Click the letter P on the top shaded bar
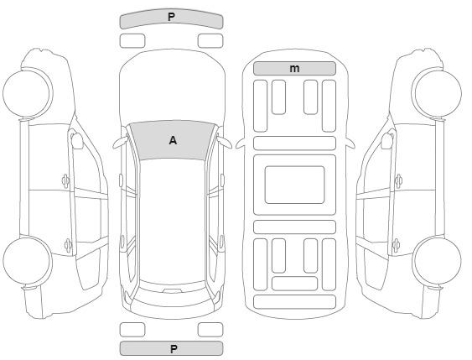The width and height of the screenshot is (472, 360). pos(171,17)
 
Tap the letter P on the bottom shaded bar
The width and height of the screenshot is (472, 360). pos(174,349)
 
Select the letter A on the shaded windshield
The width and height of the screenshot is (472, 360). pos(173,140)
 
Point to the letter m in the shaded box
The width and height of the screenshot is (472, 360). pos(294,69)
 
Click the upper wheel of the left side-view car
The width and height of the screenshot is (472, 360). pos(28,92)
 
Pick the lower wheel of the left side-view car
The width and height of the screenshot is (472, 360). pos(28,260)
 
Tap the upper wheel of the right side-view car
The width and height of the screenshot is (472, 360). pos(437,92)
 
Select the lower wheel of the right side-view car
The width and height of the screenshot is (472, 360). pos(437,260)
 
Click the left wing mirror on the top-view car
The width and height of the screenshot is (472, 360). pos(121,142)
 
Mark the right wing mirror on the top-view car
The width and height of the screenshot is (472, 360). pos(224,142)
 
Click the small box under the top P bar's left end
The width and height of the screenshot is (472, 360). pos(132,41)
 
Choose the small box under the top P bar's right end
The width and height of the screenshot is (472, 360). pos(210,41)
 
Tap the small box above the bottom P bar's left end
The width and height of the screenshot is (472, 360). pos(132,330)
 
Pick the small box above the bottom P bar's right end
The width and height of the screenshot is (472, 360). pos(210,330)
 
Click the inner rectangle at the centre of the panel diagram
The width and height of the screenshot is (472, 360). pos(295,185)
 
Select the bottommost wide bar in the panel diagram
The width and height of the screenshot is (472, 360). pos(295,302)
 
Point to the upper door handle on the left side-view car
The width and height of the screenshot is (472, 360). pos(65,180)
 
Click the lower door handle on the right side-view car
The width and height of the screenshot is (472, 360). pos(397,246)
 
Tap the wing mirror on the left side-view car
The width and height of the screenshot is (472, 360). pos(77,140)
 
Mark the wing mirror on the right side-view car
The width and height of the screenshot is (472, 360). pos(387,140)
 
